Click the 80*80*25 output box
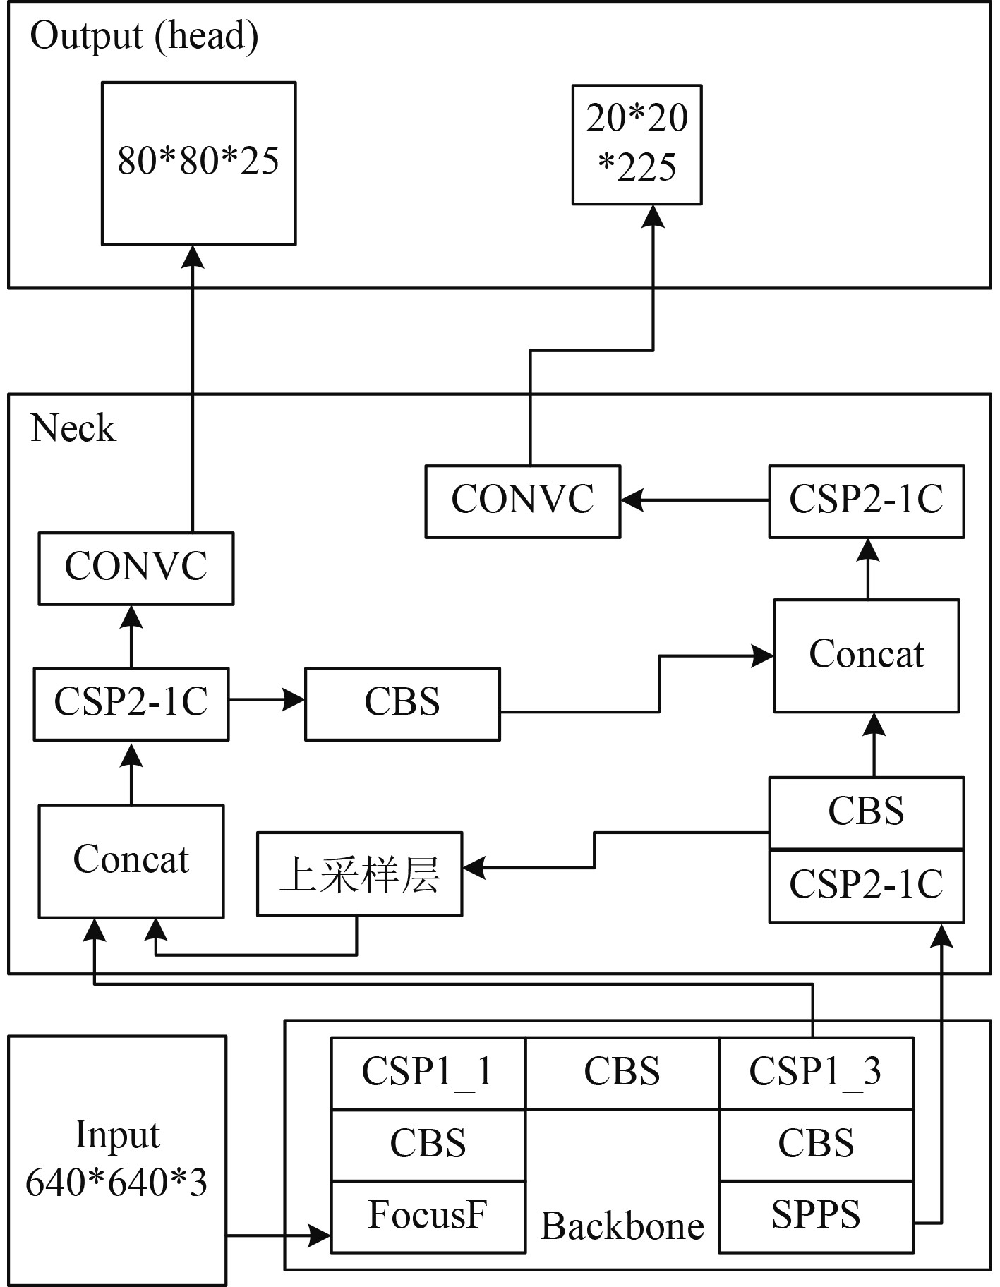pos(198,163)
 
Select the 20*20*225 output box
pos(637,145)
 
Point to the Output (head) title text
pos(144,37)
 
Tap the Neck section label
pos(73,428)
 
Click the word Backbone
pos(622,1226)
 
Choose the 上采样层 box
pos(359,874)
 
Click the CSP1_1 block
pos(428,1072)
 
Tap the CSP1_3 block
pos(816,1072)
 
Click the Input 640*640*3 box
pos(117,1160)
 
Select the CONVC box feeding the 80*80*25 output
pos(135,568)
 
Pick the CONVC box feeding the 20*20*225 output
pos(522,501)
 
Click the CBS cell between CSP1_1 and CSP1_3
pos(622,1072)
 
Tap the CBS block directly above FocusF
pos(428,1144)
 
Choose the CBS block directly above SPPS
pos(816,1144)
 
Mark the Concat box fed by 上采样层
pos(131,861)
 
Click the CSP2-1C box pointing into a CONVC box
pos(867,501)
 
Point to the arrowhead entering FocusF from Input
pos(322,1235)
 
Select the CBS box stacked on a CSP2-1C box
pos(867,812)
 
